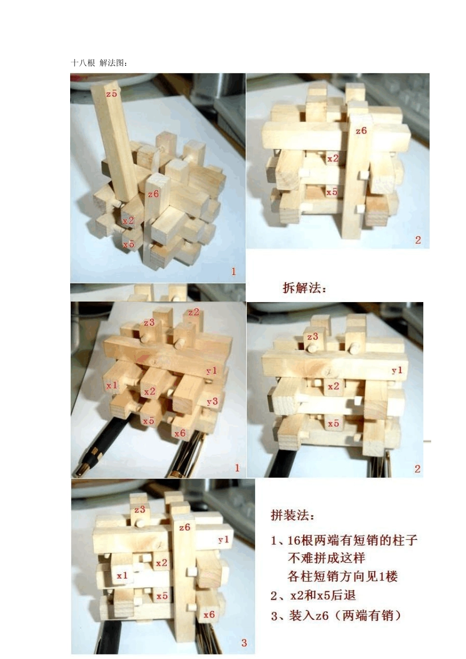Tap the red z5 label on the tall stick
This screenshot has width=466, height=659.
[x=111, y=93]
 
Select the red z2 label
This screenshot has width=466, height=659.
[x=193, y=312]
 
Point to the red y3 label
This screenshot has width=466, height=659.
[x=212, y=402]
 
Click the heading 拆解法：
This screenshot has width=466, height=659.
[x=304, y=288]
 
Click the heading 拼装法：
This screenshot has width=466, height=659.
[x=293, y=515]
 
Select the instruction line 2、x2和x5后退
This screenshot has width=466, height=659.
[x=313, y=596]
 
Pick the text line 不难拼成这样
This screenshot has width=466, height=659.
[x=326, y=558]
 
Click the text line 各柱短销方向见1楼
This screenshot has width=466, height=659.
[x=342, y=576]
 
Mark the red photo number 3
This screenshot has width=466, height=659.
[x=244, y=643]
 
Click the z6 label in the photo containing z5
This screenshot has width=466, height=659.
[x=154, y=194]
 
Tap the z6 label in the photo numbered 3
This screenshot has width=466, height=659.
[x=184, y=528]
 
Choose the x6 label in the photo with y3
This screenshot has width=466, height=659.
[x=180, y=433]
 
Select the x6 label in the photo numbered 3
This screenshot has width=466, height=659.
[x=209, y=614]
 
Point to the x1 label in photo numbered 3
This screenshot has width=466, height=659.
[x=122, y=575]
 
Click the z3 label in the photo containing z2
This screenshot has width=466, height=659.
[x=149, y=322]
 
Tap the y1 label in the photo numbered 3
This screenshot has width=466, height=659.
[x=224, y=539]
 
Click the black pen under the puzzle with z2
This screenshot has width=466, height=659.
[x=98, y=446]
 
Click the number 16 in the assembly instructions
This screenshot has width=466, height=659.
[x=293, y=540]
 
